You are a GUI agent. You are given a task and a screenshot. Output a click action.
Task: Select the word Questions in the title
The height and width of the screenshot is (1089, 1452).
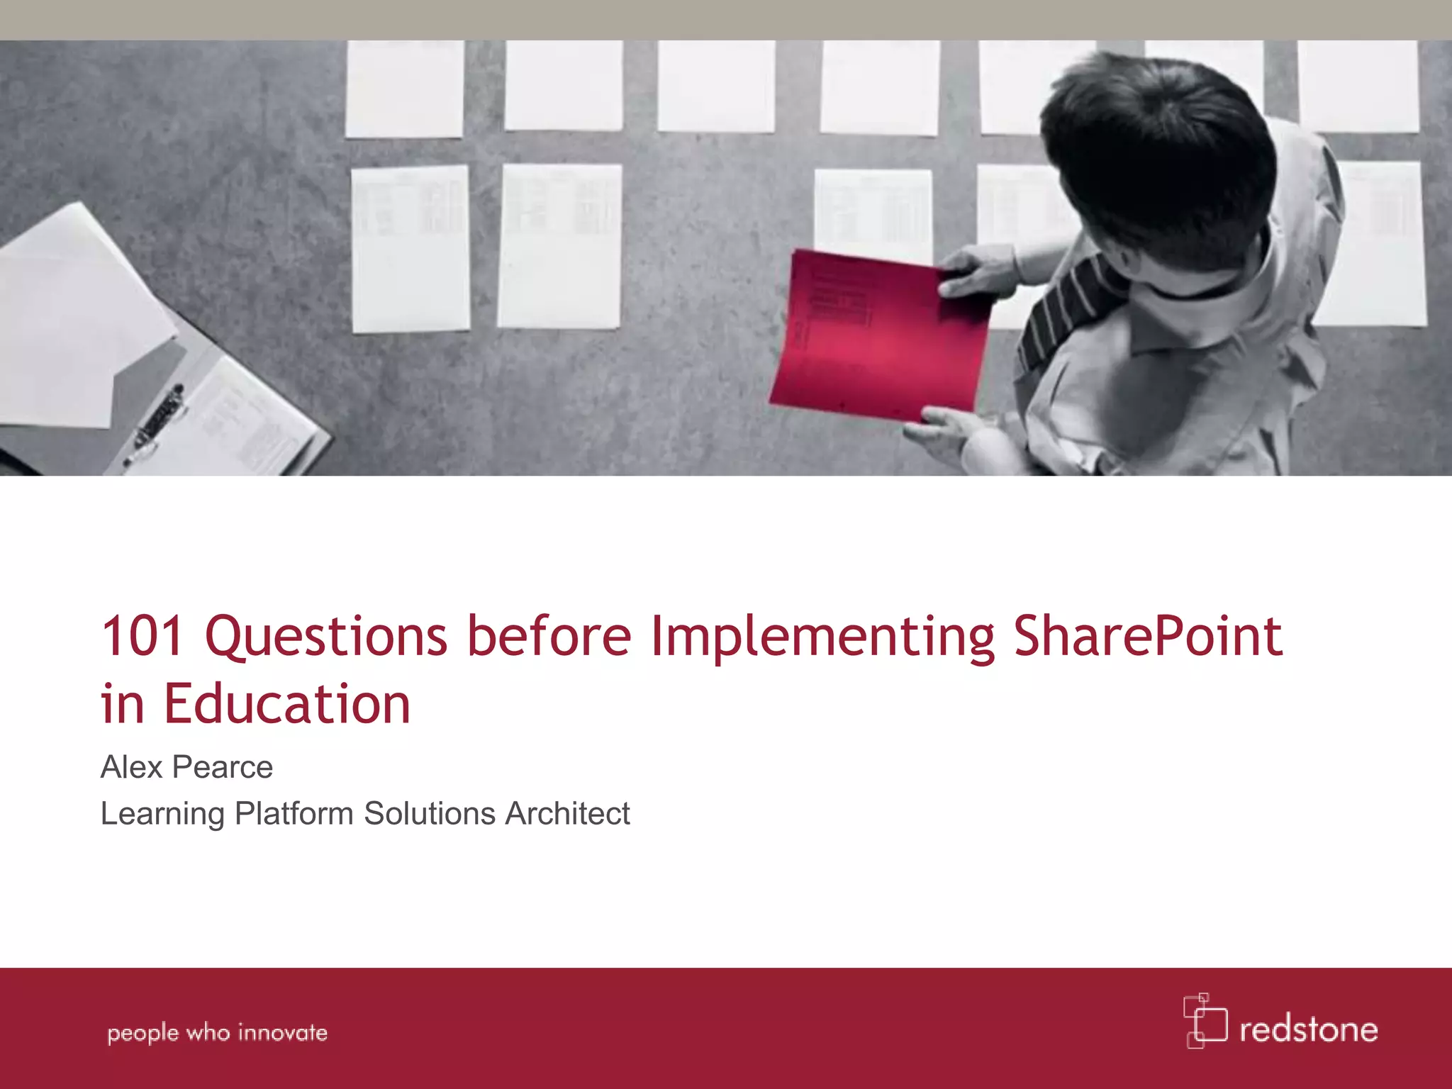pos(326,637)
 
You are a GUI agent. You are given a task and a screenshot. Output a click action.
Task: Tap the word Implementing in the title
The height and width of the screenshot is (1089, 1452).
pos(822,637)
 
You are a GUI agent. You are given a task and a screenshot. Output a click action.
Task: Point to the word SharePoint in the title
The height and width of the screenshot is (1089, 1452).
pos(1148,635)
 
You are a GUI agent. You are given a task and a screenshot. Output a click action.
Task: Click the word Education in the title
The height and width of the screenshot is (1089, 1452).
pos(287,704)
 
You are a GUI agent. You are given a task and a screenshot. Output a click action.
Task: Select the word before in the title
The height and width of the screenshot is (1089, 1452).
pos(549,635)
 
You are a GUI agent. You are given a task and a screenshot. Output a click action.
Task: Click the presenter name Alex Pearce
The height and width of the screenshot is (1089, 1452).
pos(186,767)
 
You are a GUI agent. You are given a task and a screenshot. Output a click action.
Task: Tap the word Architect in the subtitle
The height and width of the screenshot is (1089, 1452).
pos(567,813)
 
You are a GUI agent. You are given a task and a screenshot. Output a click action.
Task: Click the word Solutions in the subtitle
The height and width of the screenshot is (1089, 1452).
pos(429,813)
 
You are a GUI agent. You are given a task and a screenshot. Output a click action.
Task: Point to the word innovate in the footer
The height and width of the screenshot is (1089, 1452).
pos(282,1032)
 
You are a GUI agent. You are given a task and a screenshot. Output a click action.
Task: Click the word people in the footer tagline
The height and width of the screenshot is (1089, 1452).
pos(143,1034)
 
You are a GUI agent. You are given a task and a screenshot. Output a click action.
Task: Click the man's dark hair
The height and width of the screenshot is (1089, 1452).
pos(1149,142)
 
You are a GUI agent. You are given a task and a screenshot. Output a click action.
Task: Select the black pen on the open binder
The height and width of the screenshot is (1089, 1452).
pos(157,422)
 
